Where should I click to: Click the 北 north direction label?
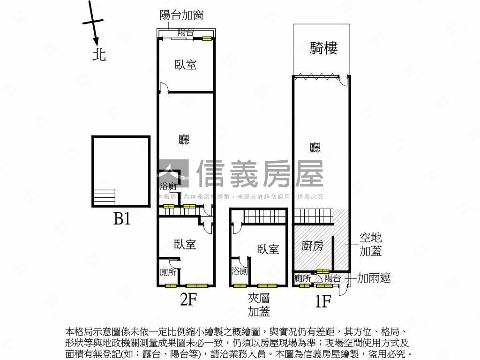pos(99,55)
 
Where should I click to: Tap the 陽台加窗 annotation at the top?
pos(181,15)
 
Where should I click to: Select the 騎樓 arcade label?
pos(323,48)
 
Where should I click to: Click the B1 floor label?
pos(122,218)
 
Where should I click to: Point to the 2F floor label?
pos(187,299)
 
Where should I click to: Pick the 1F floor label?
pos(323,300)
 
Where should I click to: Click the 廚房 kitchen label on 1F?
pos(312,246)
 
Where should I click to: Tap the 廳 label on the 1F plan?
pos(315,148)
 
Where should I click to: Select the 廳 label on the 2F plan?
pos(185,139)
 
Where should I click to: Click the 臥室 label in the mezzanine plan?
pos(268,249)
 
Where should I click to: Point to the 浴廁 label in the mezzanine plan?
pos(239,271)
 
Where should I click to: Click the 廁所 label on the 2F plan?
pos(168,272)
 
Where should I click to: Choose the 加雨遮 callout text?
pos(374,278)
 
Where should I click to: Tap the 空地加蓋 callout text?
pos(370,244)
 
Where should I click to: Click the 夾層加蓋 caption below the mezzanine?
pos(259,305)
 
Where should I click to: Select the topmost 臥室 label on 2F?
pos(186,65)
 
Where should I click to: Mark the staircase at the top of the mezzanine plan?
pos(264,217)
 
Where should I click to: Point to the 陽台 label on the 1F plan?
pos(332,278)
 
